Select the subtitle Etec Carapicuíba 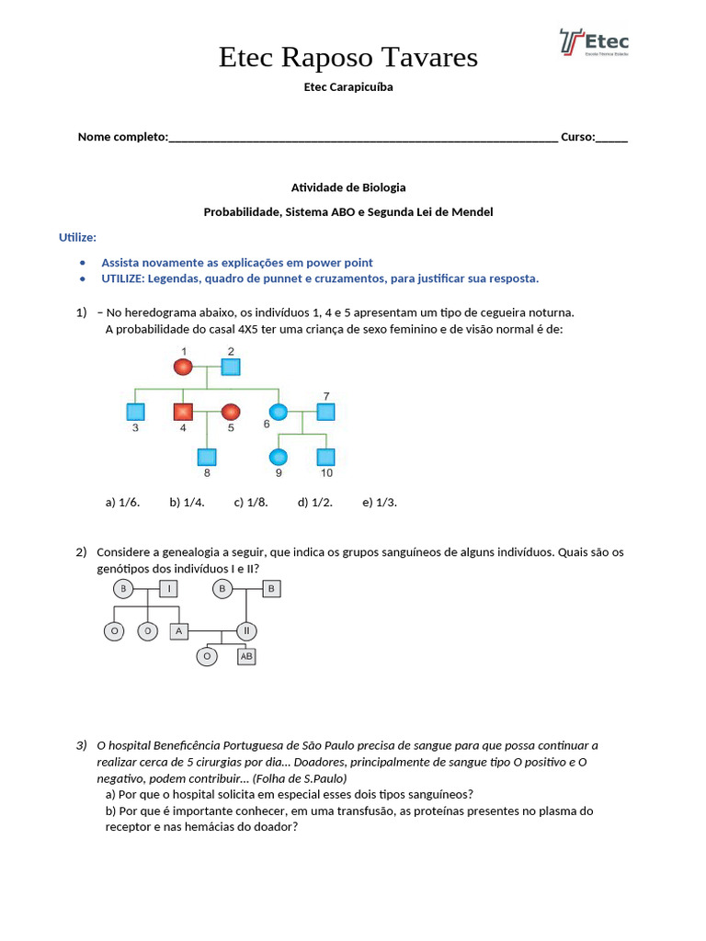pos(348,87)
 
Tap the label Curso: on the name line pos(577,137)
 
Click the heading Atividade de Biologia pos(348,187)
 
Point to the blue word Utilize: pos(77,237)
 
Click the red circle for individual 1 pos(183,367)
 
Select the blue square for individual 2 pos(231,367)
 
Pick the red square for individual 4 pos(183,411)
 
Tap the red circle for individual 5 pos(231,411)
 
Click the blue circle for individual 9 pos(278,456)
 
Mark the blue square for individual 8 pos(207,456)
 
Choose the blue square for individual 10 pos(325,456)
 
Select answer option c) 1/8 pos(251,503)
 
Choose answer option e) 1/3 pos(380,503)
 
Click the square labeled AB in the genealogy pos(245,656)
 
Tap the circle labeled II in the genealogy pos(245,631)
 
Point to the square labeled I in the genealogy pos(168,588)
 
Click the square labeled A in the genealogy pos(178,631)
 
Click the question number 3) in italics pos(82,745)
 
